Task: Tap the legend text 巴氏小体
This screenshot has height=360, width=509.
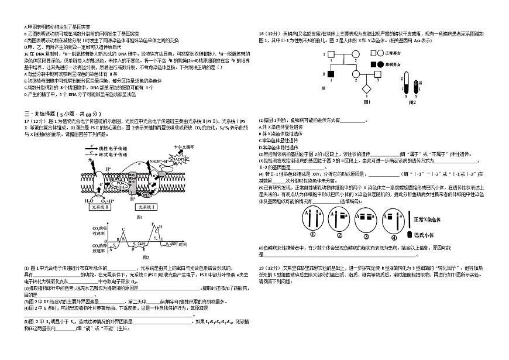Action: (428, 234)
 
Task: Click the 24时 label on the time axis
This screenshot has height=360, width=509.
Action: (141, 243)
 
